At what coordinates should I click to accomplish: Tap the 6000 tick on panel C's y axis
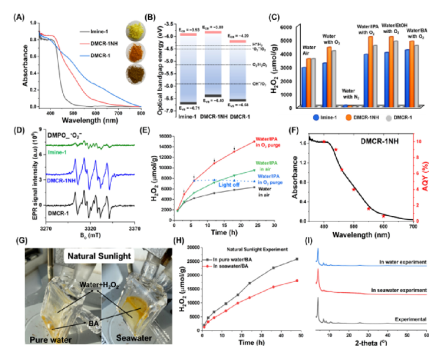click(290, 26)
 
